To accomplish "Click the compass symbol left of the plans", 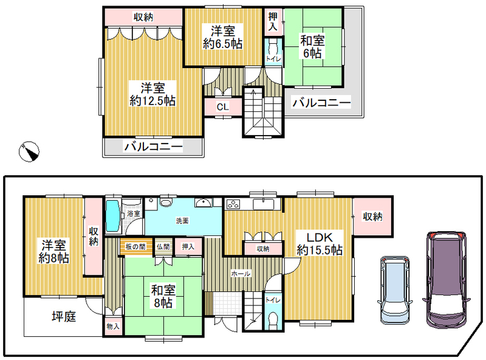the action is (x=29, y=151).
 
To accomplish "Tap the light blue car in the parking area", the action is (x=394, y=290).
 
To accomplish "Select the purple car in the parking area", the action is (x=446, y=279).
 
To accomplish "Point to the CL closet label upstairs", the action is (x=222, y=107).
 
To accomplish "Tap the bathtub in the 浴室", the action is (x=113, y=216).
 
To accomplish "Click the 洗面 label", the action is (x=182, y=221).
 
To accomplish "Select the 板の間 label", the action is (x=135, y=247).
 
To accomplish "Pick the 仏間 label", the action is (x=163, y=247).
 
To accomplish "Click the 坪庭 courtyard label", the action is (x=64, y=316).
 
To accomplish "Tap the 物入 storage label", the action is (x=113, y=327).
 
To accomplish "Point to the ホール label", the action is (x=241, y=274).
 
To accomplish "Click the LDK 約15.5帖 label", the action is (x=320, y=244).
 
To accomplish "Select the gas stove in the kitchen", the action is (x=233, y=204).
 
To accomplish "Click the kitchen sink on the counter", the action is (x=264, y=204).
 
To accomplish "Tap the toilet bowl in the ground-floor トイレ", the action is (x=273, y=320).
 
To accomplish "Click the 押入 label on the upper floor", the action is (x=273, y=21).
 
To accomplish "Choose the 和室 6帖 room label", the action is (x=312, y=47).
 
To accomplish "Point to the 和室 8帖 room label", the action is (x=163, y=296).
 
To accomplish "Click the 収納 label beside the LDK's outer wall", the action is (x=372, y=216).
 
